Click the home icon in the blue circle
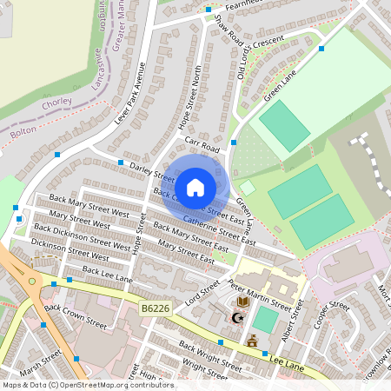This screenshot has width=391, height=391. point(195,187)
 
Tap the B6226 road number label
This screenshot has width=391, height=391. point(154,308)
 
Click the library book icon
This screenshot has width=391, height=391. point(243,302)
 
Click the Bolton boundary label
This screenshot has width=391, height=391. point(23,133)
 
